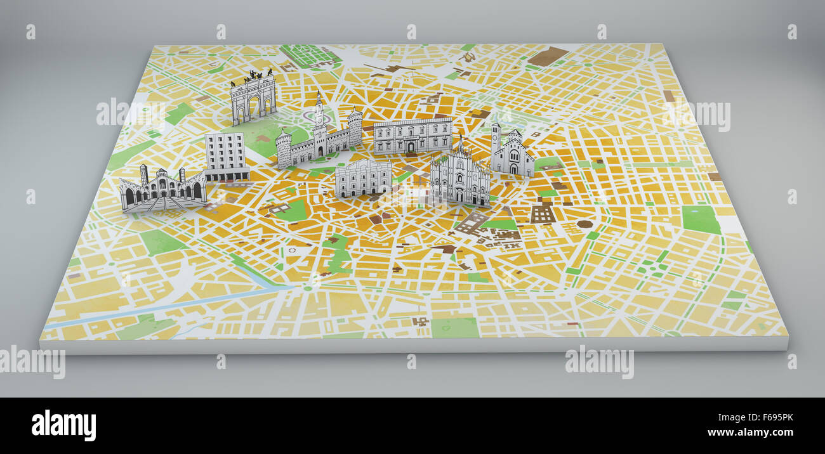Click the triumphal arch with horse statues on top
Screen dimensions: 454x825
(253, 98)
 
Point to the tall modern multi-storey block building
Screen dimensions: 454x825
(225, 155)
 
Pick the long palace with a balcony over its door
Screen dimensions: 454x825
(412, 136)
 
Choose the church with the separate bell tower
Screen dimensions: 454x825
(511, 152)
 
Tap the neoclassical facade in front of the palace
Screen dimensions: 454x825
(363, 178)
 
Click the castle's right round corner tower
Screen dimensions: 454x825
(354, 127)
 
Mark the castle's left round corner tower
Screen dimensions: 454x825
(283, 149)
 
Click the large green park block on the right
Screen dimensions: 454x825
(701, 219)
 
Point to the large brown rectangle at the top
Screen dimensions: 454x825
(547, 56)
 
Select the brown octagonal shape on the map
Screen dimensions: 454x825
(584, 224)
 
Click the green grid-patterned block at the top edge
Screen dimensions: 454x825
(310, 56)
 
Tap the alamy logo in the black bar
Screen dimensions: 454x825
(63, 425)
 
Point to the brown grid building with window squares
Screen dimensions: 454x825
(542, 214)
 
